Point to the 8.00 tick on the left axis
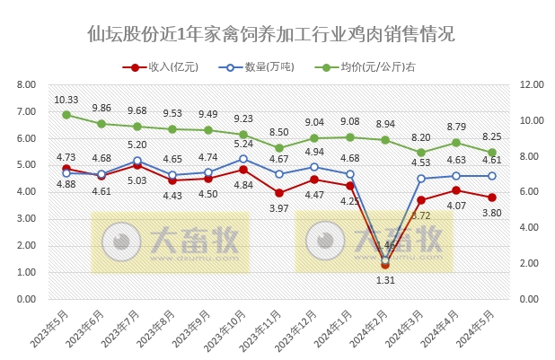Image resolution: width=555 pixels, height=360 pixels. (25, 84)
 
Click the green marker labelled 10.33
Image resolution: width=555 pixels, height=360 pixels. (66, 115)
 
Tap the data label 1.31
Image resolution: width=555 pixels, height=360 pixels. (385, 280)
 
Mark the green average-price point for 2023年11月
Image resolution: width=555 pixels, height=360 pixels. (279, 147)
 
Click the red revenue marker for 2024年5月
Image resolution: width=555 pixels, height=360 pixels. (491, 198)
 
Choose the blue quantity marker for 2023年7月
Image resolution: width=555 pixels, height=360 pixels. (137, 161)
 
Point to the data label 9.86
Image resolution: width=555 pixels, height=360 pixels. (101, 108)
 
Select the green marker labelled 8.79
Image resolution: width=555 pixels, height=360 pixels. (456, 142)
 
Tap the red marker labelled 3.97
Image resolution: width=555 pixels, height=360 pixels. (279, 193)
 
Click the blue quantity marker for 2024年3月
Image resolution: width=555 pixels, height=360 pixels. (420, 178)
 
